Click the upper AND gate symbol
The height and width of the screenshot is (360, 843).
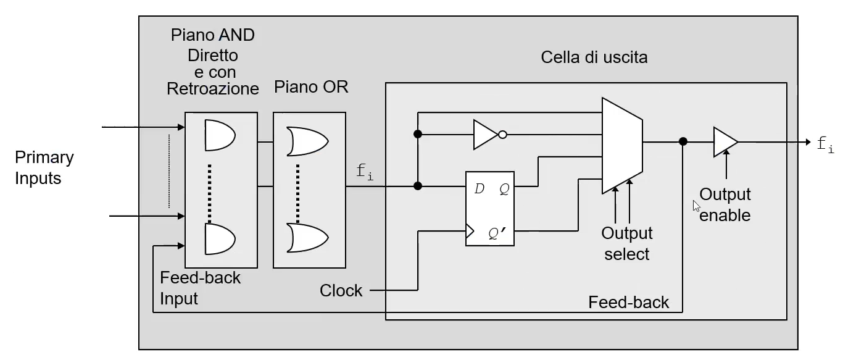[220, 135]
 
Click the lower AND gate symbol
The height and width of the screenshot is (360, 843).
[220, 239]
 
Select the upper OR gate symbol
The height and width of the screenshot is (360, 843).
[307, 141]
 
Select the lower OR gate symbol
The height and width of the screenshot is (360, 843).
[307, 238]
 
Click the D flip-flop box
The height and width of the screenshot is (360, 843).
[489, 209]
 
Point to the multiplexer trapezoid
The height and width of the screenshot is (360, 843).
[622, 146]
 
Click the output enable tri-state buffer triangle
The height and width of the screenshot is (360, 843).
[726, 142]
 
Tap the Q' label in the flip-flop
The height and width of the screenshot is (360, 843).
[497, 233]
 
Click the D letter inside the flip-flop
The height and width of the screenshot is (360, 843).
[479, 188]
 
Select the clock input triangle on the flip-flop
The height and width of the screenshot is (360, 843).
[470, 231]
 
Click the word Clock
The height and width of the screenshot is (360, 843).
[341, 291]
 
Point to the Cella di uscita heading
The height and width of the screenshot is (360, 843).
[594, 57]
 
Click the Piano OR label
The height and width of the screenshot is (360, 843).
[311, 87]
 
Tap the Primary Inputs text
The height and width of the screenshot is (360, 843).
[44, 167]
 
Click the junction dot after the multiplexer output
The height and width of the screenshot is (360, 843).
[683, 141]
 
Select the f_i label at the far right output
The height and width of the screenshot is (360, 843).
[825, 144]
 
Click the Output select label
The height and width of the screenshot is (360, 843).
[626, 244]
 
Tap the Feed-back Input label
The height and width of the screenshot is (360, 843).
[200, 288]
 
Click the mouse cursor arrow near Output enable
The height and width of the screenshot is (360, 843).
[696, 206]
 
